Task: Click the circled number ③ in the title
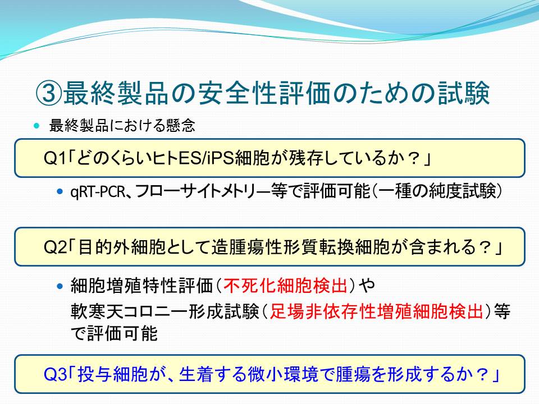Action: point(49,93)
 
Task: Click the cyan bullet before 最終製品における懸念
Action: point(37,126)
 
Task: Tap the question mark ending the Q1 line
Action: point(414,158)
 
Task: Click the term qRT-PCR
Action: point(98,192)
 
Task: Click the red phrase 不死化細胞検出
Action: point(285,285)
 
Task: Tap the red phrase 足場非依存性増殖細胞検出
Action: point(376,311)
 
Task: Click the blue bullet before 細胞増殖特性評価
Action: point(60,286)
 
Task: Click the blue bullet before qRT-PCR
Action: point(60,191)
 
